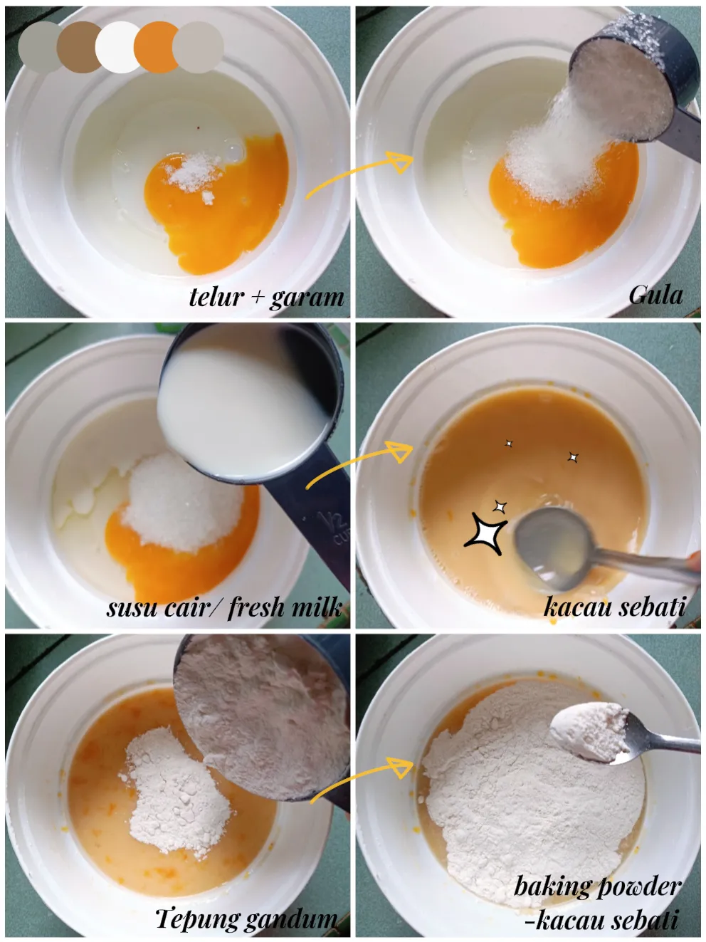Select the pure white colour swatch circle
pyautogui.click(x=117, y=47)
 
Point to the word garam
pyautogui.click(x=307, y=297)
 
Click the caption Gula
pyautogui.click(x=655, y=294)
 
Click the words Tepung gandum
pyautogui.click(x=246, y=918)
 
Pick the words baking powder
pyautogui.click(x=597, y=886)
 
